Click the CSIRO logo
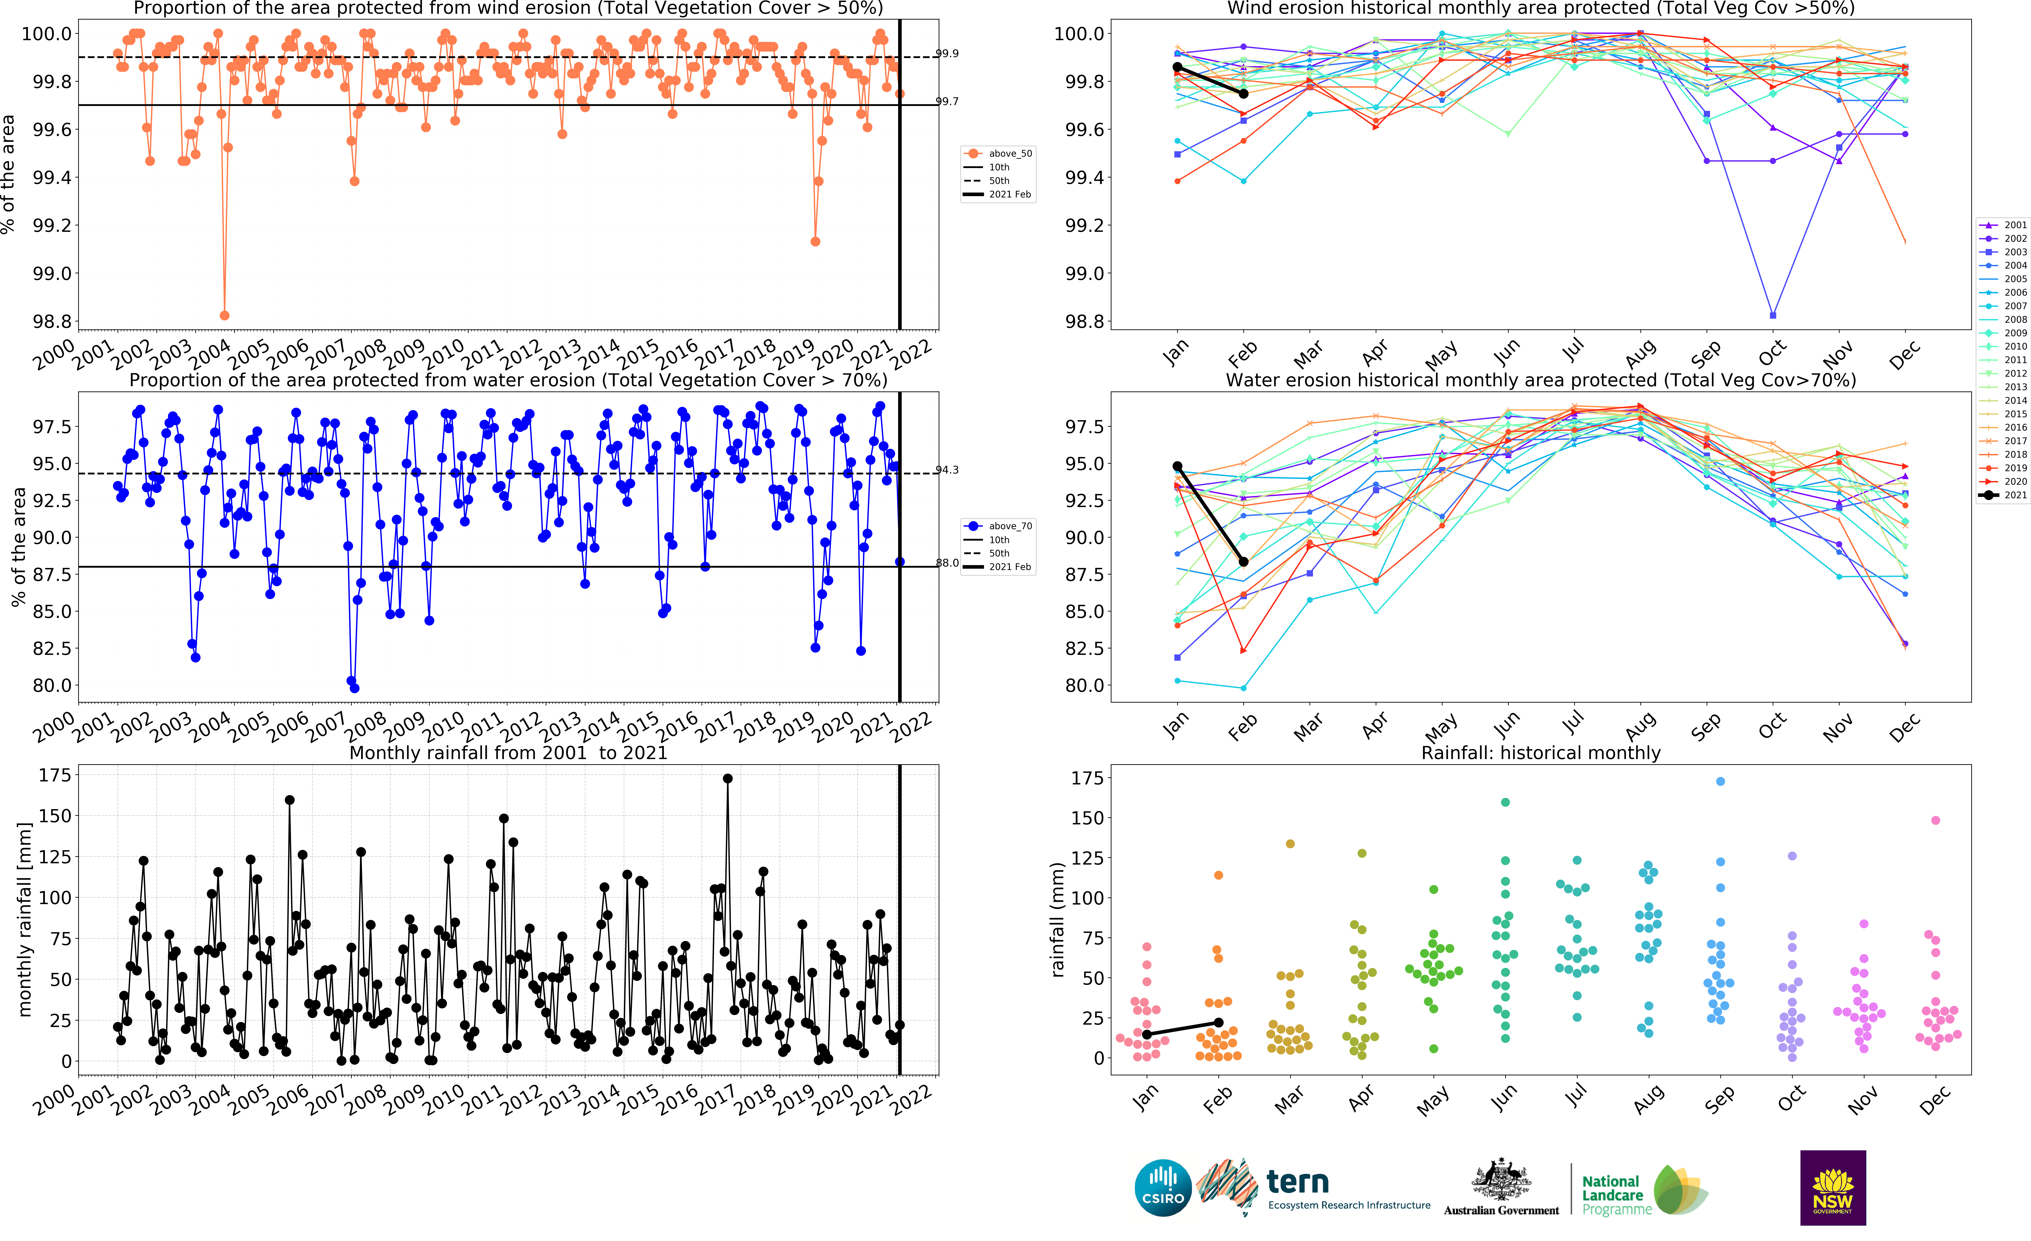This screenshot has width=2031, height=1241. (1162, 1188)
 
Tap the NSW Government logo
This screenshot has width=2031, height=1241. (1832, 1188)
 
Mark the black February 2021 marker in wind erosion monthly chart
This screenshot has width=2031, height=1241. (1243, 94)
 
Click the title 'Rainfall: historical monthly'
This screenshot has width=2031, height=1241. (1540, 752)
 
